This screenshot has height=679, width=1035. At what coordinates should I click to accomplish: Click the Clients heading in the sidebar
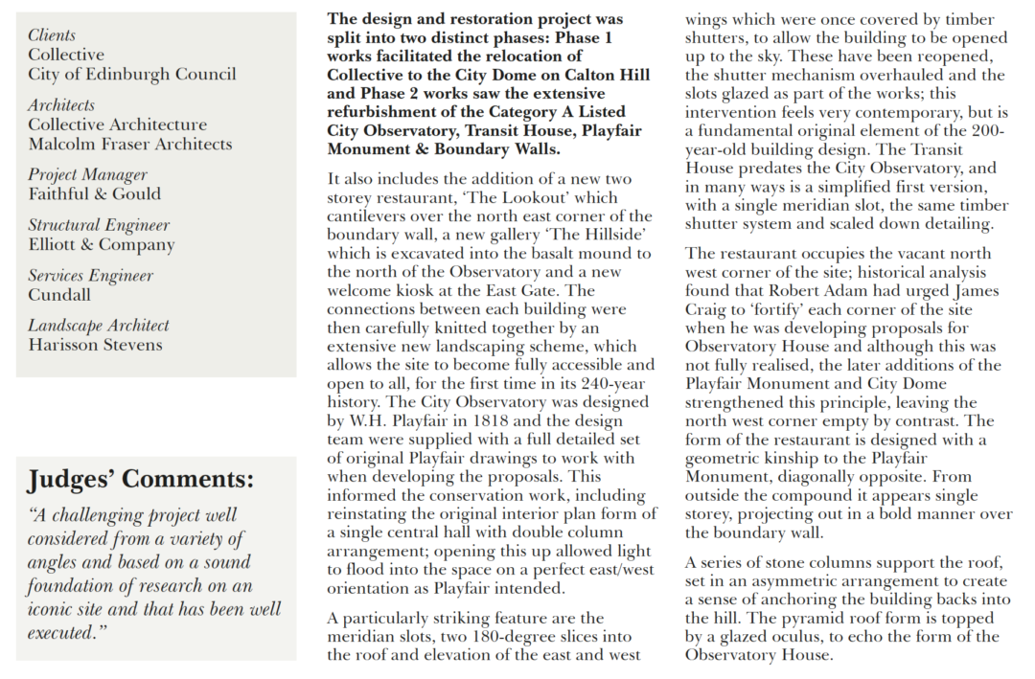pyautogui.click(x=52, y=35)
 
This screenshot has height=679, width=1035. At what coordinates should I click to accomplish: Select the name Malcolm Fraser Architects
pyautogui.click(x=129, y=144)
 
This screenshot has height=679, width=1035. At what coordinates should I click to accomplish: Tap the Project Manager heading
pyautogui.click(x=87, y=174)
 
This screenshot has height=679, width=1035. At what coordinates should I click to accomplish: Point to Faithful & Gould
pyautogui.click(x=94, y=193)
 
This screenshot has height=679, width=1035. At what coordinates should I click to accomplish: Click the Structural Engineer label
pyautogui.click(x=98, y=225)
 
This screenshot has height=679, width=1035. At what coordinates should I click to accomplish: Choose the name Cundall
pyautogui.click(x=59, y=294)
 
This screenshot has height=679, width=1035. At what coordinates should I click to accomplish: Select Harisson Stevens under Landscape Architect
pyautogui.click(x=95, y=344)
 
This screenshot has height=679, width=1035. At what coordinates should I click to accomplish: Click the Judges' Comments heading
pyautogui.click(x=140, y=479)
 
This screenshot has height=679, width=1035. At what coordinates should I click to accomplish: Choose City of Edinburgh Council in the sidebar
pyautogui.click(x=131, y=74)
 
